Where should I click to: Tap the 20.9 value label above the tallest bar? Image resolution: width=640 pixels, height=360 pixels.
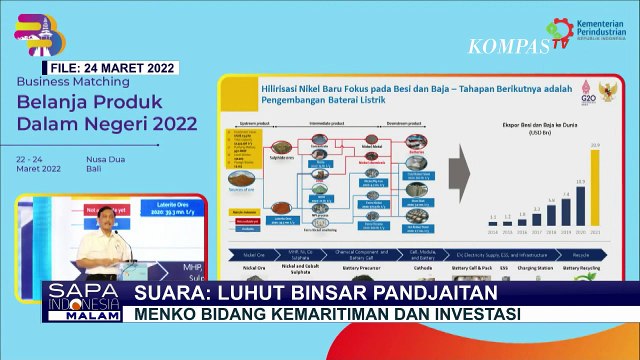595,146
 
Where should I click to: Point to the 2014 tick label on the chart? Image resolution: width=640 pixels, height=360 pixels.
492,228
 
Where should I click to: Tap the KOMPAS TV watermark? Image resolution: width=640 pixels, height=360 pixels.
507,45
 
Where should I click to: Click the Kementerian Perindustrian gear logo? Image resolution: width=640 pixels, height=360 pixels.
565,31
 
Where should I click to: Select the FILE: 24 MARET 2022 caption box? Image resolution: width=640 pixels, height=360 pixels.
113,68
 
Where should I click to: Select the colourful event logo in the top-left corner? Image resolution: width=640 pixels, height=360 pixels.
38,30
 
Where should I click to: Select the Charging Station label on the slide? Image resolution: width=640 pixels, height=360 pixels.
536,267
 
